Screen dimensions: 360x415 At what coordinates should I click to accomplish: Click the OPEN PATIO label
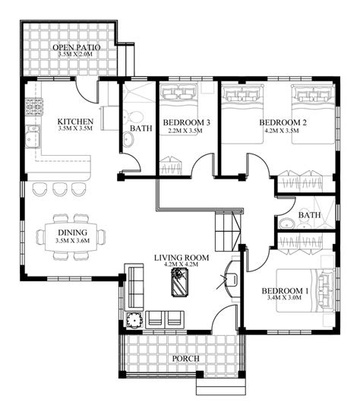[77, 48]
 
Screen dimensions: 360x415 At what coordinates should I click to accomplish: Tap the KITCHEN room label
[75, 122]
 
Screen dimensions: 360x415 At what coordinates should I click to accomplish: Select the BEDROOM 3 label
[187, 122]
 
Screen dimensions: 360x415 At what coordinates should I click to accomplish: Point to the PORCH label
[185, 359]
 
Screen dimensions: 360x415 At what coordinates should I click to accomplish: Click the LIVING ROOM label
[182, 258]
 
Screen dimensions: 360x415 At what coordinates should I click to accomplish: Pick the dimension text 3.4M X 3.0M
[284, 297]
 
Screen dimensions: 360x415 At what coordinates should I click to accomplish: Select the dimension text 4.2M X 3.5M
[282, 131]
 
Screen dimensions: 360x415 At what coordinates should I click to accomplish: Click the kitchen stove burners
[34, 107]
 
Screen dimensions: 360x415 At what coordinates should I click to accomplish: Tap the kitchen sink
[33, 136]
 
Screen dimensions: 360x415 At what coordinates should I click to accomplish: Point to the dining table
[71, 237]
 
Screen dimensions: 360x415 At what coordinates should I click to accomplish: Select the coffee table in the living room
[180, 282]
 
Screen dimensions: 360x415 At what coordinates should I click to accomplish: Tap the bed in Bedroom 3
[178, 109]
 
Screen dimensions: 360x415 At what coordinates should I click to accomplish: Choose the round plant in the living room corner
[135, 320]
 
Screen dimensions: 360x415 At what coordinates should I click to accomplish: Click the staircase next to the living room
[229, 231]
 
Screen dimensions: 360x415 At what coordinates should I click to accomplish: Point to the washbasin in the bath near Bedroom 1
[286, 223]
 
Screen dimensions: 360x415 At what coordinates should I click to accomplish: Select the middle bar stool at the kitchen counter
[60, 189]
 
